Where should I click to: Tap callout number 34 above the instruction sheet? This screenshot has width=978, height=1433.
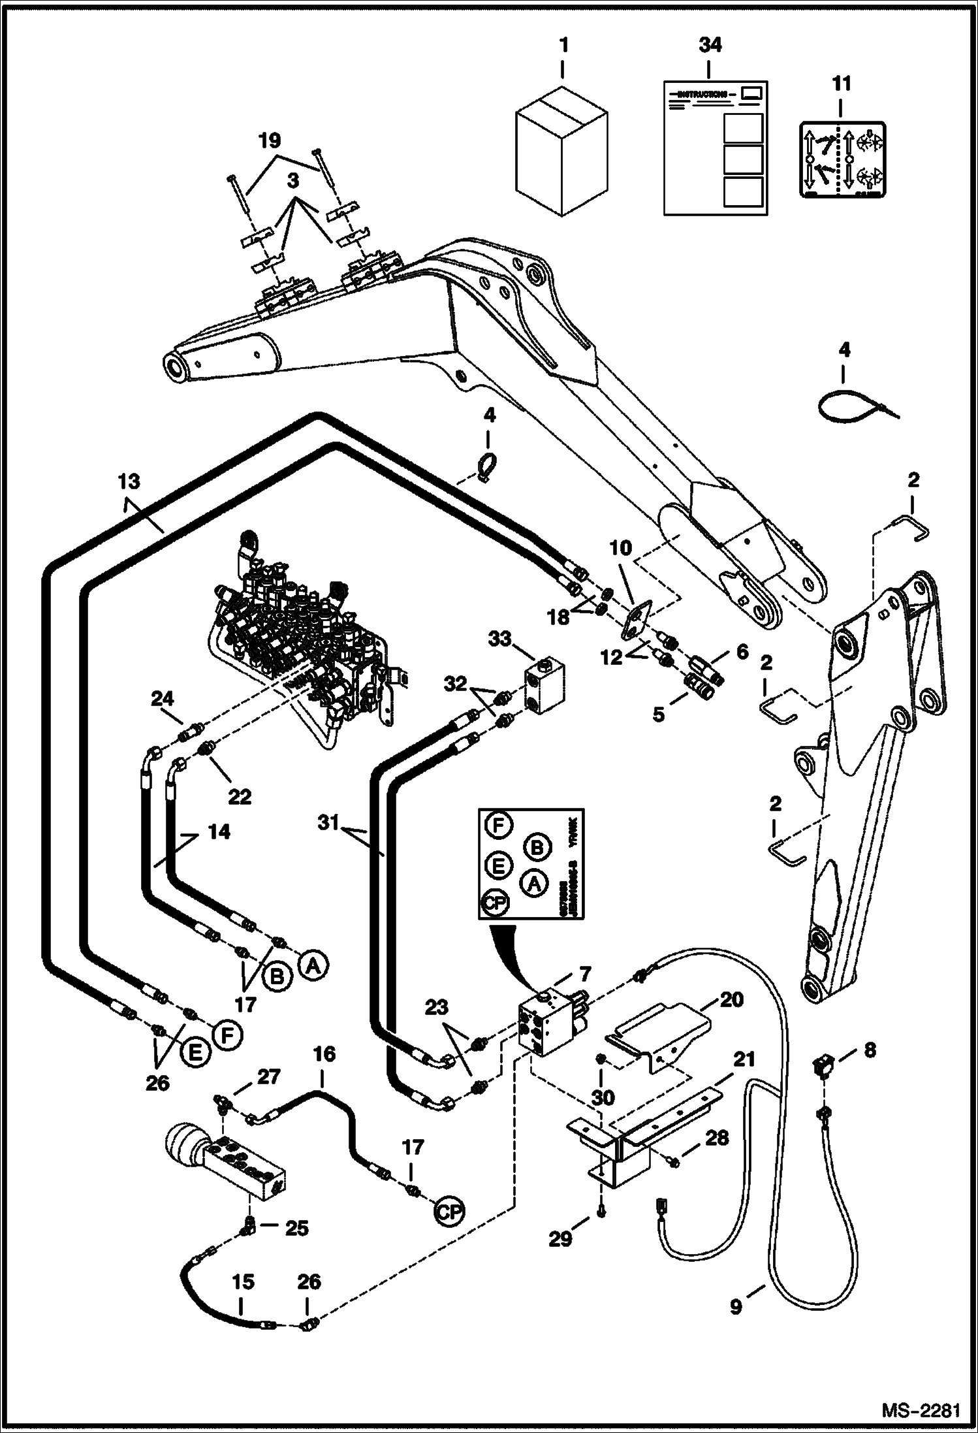[x=710, y=45]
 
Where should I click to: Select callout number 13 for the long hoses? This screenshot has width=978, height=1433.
[x=129, y=482]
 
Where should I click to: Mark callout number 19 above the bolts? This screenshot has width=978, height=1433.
[x=269, y=140]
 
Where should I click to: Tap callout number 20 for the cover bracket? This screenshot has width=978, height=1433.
[x=731, y=999]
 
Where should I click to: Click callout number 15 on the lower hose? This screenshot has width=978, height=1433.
[x=243, y=1281]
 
